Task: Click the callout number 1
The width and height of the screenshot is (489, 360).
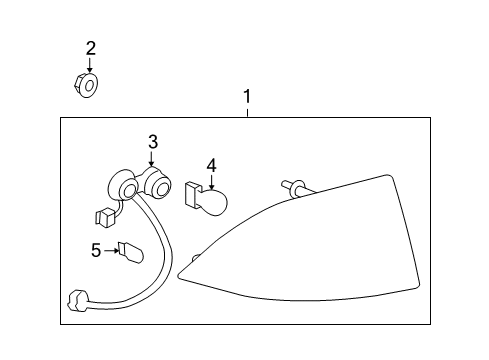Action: tap(247, 97)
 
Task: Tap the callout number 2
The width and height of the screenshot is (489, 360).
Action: tap(90, 47)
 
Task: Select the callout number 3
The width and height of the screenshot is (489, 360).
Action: tap(152, 143)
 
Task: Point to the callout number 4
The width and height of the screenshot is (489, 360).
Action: tap(211, 163)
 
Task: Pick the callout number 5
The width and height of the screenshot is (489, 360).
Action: tap(96, 250)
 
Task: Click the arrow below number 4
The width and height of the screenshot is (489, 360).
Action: tap(211, 181)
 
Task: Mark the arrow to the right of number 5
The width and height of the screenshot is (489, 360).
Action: tap(111, 250)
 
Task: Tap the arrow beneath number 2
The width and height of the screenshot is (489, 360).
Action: tap(90, 65)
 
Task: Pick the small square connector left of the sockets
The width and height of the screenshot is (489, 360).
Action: tap(102, 215)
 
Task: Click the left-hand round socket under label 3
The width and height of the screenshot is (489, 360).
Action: tap(126, 189)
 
